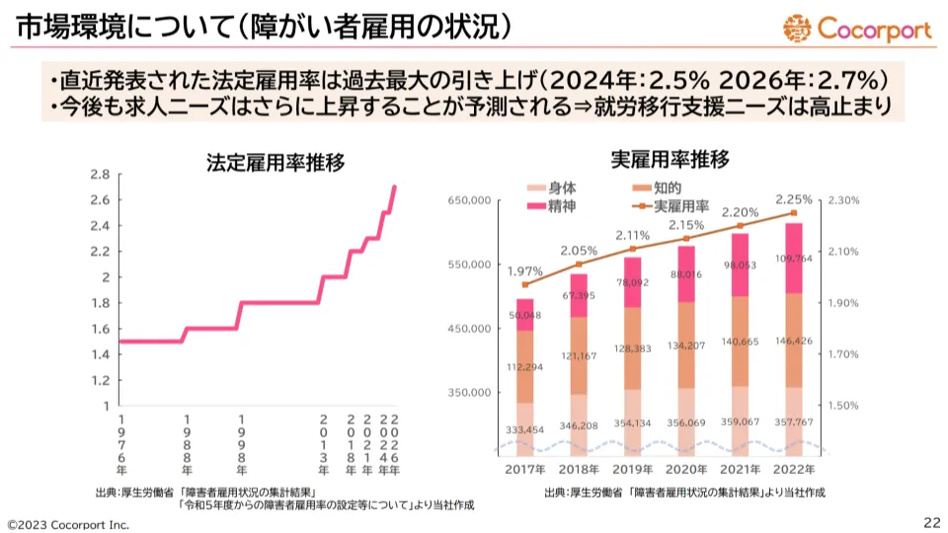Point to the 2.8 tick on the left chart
pyautogui.click(x=99, y=175)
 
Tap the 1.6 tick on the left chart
pyautogui.click(x=99, y=329)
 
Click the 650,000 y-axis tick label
pyautogui.click(x=470, y=200)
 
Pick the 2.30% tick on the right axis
pyautogui.click(x=844, y=200)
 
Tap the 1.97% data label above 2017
pyautogui.click(x=525, y=270)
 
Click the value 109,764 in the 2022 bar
pyautogui.click(x=794, y=259)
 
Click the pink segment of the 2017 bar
pyautogui.click(x=525, y=314)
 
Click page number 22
pyautogui.click(x=931, y=521)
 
